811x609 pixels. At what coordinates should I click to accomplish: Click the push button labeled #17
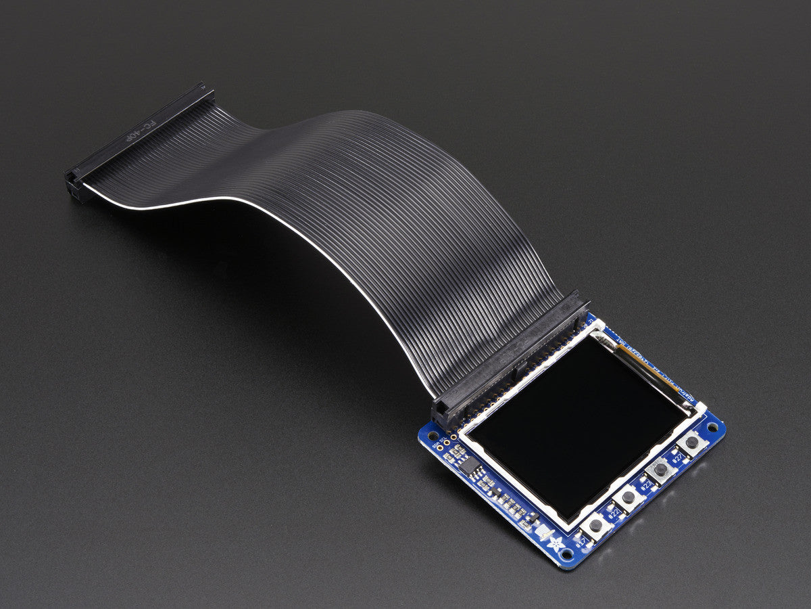click(596, 525)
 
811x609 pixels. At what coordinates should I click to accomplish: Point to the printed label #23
click(646, 485)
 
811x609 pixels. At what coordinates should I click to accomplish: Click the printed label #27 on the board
click(677, 458)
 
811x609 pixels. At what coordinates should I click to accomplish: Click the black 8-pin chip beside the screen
click(469, 466)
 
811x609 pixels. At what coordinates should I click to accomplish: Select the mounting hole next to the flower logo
click(566, 555)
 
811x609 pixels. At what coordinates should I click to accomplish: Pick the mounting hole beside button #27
click(712, 428)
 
